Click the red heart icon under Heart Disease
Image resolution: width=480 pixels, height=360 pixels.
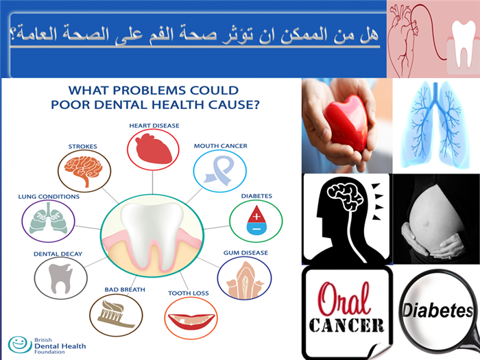point(154,149)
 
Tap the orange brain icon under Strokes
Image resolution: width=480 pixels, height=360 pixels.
point(83,170)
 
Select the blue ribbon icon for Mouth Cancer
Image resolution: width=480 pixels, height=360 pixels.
point(219,171)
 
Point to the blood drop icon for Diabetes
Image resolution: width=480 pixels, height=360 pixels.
point(256,220)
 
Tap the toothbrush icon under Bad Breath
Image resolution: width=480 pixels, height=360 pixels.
point(116,314)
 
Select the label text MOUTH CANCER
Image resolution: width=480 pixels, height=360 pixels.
point(220,146)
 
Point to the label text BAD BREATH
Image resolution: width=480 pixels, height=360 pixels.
point(125,289)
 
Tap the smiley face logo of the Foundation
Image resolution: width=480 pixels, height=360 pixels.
point(20,344)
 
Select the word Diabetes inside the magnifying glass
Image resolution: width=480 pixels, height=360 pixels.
point(437,311)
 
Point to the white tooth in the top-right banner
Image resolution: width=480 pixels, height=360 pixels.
point(464,43)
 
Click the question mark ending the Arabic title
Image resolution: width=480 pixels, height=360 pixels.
point(13,34)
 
